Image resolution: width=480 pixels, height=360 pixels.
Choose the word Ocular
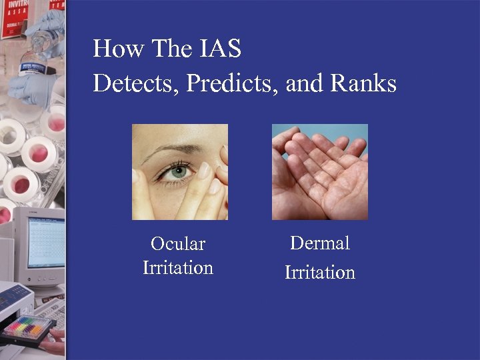point(177,244)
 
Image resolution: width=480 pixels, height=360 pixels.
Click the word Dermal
point(320,243)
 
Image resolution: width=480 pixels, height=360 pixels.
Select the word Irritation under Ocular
point(177,268)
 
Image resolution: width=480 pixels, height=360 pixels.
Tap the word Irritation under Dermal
point(320,273)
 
